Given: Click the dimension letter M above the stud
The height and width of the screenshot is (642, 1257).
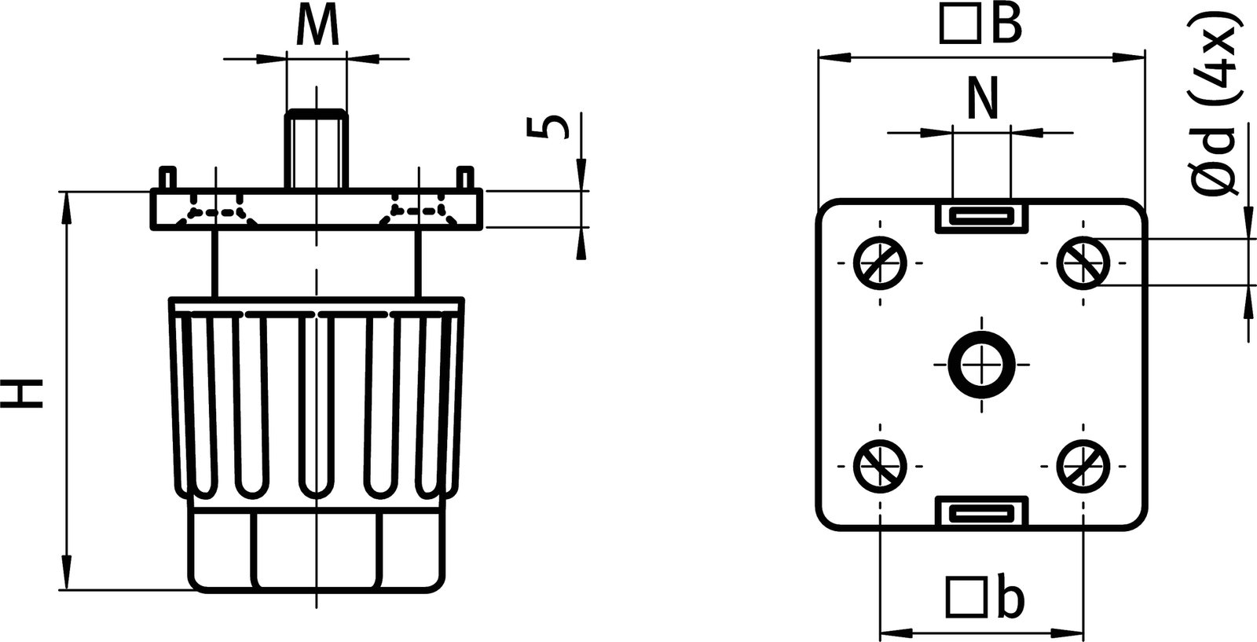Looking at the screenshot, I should (x=317, y=28).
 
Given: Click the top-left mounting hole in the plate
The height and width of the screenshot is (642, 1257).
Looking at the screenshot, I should (x=880, y=262).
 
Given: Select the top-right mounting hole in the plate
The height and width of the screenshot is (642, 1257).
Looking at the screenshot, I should (x=1083, y=262).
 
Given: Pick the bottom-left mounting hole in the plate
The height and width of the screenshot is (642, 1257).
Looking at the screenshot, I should (x=880, y=465).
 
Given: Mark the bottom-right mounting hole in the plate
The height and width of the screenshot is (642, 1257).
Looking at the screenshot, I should (x=1083, y=465).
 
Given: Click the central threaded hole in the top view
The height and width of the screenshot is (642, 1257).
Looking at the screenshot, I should (x=981, y=364).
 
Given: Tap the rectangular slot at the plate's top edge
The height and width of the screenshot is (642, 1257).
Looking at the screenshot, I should (x=981, y=215).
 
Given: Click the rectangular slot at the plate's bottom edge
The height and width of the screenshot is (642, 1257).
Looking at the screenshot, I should (x=981, y=513).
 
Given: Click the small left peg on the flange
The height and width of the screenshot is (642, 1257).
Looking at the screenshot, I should (x=167, y=177).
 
